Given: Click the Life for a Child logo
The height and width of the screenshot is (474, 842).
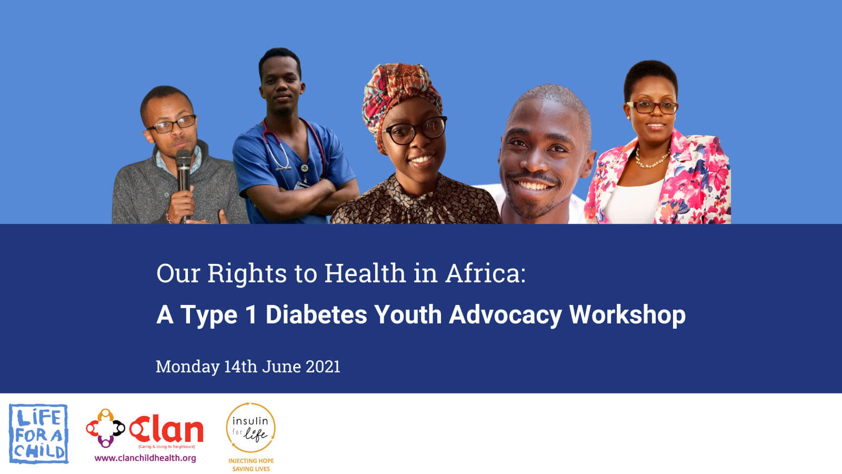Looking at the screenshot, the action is pyautogui.click(x=38, y=434).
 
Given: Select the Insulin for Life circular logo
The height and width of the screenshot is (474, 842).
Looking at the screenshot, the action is pyautogui.click(x=250, y=427).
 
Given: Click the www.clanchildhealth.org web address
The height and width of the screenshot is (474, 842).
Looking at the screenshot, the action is pyautogui.click(x=145, y=458).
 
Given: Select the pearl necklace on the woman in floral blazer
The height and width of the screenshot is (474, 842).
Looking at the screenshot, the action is pyautogui.click(x=652, y=160).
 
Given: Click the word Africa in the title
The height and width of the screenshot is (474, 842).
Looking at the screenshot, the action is pyautogui.click(x=486, y=273).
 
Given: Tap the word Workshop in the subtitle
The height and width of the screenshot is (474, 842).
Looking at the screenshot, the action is pyautogui.click(x=627, y=315).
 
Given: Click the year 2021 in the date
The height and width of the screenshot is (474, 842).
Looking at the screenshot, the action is pyautogui.click(x=323, y=367).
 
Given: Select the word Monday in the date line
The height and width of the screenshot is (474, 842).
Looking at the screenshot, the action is pyautogui.click(x=187, y=367).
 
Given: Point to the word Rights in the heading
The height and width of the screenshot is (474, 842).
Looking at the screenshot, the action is pyautogui.click(x=247, y=274).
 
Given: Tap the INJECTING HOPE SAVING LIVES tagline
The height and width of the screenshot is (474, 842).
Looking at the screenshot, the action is pyautogui.click(x=251, y=465).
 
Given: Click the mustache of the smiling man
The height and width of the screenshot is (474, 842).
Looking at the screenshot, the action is pyautogui.click(x=533, y=176).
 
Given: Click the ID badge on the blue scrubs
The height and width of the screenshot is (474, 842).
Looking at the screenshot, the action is pyautogui.click(x=302, y=185).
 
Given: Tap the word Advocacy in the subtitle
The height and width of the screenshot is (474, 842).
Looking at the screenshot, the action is pyautogui.click(x=506, y=315).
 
